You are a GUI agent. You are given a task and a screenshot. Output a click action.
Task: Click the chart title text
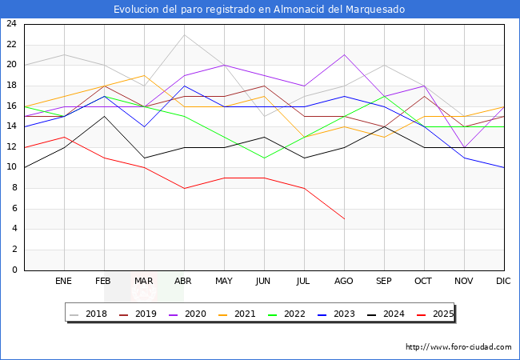[x=259, y=10]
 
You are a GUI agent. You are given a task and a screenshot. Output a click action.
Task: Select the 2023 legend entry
[x=340, y=314]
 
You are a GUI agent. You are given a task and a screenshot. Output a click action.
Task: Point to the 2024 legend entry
[x=389, y=314]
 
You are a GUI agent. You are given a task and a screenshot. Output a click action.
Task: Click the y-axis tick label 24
[x=11, y=24]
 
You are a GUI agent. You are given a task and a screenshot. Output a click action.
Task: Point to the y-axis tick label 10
[x=11, y=167]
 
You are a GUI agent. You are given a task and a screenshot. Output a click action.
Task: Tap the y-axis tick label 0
[x=14, y=270]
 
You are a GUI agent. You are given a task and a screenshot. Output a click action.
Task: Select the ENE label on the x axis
[x=64, y=282]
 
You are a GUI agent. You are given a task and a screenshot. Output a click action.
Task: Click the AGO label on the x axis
[x=344, y=282]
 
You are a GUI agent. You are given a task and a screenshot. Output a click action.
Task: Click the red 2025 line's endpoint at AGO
[x=344, y=218]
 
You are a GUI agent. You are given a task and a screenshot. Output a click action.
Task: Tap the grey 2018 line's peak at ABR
[x=184, y=34]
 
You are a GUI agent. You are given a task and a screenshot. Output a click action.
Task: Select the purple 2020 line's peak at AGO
[x=344, y=54]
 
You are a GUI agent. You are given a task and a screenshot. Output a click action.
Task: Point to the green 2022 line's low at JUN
[x=264, y=158]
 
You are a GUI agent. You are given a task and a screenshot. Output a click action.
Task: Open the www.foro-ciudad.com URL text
[x=458, y=347]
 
